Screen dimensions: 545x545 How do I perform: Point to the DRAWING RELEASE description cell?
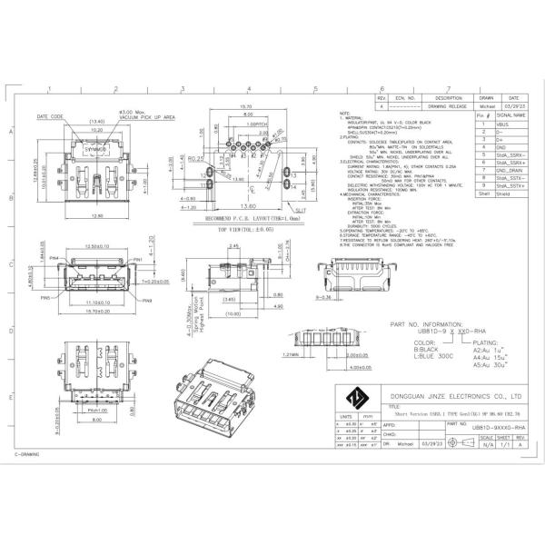(450, 105)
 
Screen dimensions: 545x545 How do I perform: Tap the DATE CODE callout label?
(50, 117)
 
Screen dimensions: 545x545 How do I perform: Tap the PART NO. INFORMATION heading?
(428, 322)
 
